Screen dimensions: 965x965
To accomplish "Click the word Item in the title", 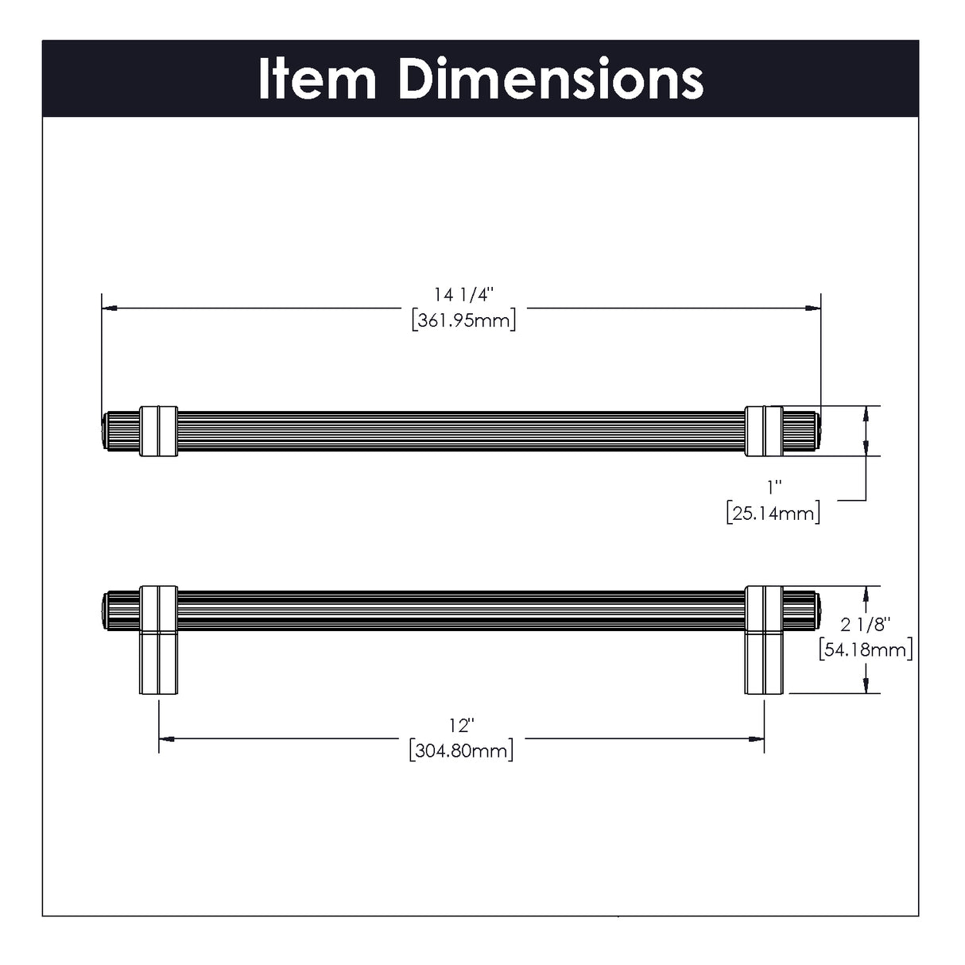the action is coord(317,79).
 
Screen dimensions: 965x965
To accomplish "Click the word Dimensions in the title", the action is coord(551,79).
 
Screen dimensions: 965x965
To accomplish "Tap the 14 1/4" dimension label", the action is coord(463,295).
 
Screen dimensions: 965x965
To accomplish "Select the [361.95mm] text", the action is coord(463,320).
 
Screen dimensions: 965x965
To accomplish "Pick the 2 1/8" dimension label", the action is coord(866,625).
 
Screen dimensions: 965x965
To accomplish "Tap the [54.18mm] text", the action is coord(866,650).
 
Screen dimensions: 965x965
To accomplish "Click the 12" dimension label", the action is coord(461,725).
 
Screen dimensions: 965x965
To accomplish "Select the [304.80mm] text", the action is coord(461,751).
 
